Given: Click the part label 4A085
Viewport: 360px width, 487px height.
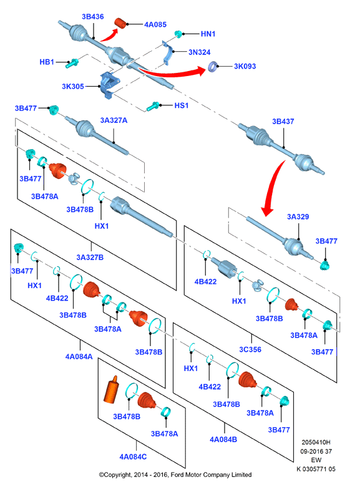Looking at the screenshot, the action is pyautogui.click(x=155, y=24).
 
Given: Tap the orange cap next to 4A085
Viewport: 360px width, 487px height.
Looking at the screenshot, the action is pyautogui.click(x=120, y=23).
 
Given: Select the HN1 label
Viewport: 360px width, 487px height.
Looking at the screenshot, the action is pyautogui.click(x=208, y=34).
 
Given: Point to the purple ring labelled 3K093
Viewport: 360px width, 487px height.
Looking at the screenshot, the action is pyautogui.click(x=213, y=66).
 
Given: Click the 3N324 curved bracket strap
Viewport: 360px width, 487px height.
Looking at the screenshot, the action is pyautogui.click(x=168, y=52).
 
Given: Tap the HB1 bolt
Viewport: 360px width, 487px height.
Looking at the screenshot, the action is pyautogui.click(x=72, y=63).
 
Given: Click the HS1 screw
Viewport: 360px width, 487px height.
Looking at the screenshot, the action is pyautogui.click(x=153, y=106).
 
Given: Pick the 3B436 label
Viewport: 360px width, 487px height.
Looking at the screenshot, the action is pyautogui.click(x=92, y=16).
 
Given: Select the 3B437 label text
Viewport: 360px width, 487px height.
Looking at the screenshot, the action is pyautogui.click(x=283, y=122).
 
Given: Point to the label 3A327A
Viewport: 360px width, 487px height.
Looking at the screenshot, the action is pyautogui.click(x=114, y=120).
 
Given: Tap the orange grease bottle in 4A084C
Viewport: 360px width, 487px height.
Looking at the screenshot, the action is pyautogui.click(x=111, y=390).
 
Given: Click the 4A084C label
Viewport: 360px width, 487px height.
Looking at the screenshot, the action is pyautogui.click(x=133, y=456).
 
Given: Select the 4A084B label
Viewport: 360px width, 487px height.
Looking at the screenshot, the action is pyautogui.click(x=223, y=440).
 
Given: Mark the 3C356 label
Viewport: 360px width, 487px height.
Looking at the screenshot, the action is pyautogui.click(x=250, y=349).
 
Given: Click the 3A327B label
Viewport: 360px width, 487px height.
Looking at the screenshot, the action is pyautogui.click(x=90, y=257).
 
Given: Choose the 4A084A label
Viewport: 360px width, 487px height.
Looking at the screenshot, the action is pyautogui.click(x=79, y=357).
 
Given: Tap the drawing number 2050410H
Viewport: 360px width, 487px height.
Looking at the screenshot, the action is pyautogui.click(x=316, y=442).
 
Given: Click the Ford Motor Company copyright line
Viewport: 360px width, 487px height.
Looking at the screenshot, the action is pyautogui.click(x=175, y=475).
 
